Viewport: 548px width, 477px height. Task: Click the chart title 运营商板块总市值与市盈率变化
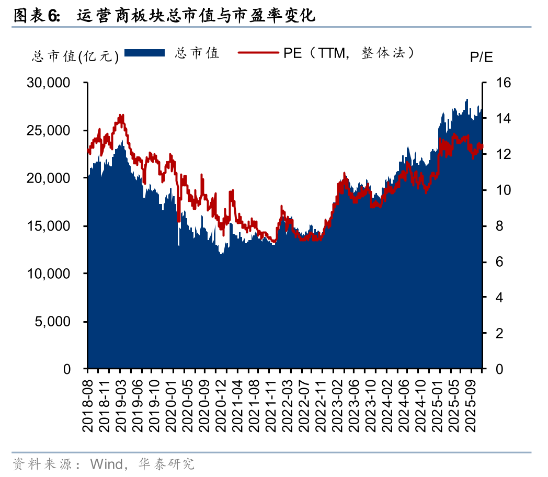196,16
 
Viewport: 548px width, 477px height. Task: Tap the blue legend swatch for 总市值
145,53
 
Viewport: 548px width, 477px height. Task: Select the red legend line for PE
259,53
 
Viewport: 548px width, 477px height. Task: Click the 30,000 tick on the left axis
48,83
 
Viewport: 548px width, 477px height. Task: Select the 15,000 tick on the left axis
48,226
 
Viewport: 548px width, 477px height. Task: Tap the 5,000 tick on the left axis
52,322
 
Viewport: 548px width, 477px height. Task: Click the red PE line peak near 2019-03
121,116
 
